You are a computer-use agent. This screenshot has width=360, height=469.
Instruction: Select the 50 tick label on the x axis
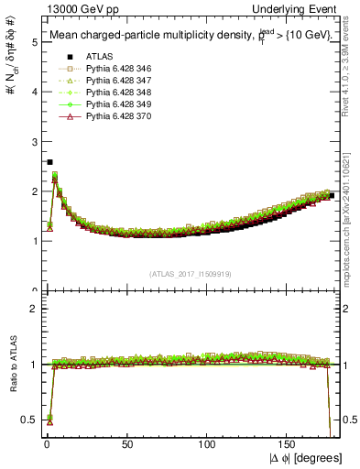point(126,445)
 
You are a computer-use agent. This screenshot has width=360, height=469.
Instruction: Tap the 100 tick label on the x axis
point(208,445)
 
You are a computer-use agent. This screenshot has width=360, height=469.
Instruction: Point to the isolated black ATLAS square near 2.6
point(49,162)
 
